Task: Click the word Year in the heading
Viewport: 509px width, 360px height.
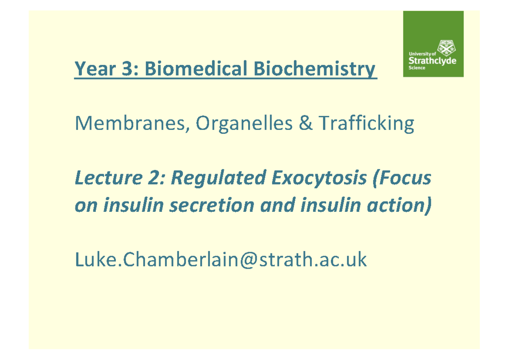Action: tap(95, 68)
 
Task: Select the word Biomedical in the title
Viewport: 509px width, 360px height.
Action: tap(196, 68)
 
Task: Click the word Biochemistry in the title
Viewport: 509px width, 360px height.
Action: tap(314, 69)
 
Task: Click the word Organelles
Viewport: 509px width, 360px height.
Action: tap(244, 124)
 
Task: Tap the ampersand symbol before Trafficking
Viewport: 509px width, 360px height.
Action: tap(306, 123)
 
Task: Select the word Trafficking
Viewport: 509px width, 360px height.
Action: tap(366, 123)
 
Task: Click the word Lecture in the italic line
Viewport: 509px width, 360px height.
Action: tap(109, 177)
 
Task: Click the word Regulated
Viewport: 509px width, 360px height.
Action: tap(218, 178)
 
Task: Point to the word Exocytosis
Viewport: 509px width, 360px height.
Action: tap(319, 178)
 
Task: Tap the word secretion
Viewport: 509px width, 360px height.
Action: tap(212, 205)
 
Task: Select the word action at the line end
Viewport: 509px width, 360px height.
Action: tap(397, 205)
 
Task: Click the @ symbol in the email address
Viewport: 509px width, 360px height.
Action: tap(249, 260)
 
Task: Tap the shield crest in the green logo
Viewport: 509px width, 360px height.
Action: tap(446, 48)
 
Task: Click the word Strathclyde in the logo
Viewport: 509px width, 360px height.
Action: tap(432, 61)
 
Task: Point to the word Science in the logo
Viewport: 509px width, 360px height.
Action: tap(417, 68)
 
